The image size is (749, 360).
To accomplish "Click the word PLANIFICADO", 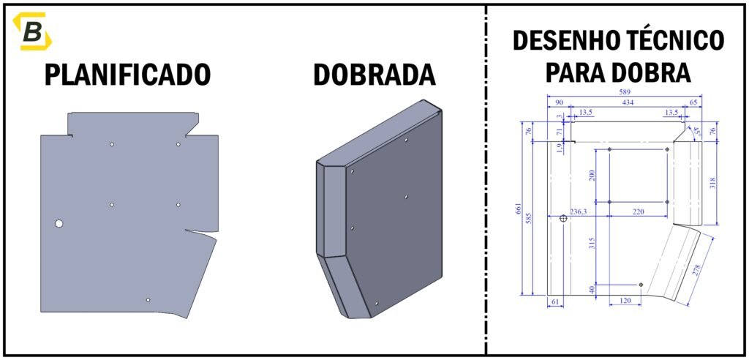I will coord(128,75).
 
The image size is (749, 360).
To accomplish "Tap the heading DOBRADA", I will coord(374,75).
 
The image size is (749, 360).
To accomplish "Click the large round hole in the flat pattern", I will coord(59,223).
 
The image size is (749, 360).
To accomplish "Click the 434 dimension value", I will coord(628,103).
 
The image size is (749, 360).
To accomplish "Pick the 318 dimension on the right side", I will coord(712,182).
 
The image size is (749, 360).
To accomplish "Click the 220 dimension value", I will coord(638,211).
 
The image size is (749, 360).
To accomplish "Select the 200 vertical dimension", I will coord(592,175).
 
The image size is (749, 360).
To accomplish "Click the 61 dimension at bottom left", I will coord(557,301).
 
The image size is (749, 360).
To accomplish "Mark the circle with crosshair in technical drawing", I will coord(563,218).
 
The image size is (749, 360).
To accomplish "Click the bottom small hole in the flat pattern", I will coord(148,300).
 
